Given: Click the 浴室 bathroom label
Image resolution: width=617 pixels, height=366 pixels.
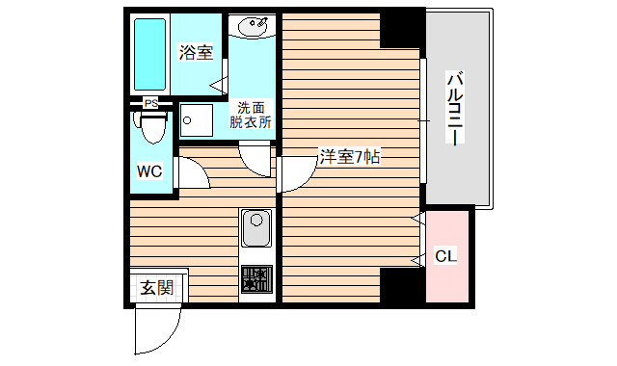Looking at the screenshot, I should [196, 53].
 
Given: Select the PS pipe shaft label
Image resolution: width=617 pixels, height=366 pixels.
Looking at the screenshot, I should [150, 103].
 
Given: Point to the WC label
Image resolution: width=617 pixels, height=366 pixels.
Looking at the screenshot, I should [148, 171].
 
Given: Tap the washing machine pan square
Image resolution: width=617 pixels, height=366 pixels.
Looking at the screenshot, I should [197, 121].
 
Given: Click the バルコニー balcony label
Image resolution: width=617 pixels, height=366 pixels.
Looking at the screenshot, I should [456, 107].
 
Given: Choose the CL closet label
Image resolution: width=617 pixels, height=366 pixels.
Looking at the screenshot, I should [445, 256].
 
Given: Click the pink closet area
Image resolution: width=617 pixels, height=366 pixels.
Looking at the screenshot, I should [449, 279].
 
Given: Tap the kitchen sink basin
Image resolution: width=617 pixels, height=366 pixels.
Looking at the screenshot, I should [256, 230].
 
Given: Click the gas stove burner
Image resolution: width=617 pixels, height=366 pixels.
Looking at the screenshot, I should [256, 279].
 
